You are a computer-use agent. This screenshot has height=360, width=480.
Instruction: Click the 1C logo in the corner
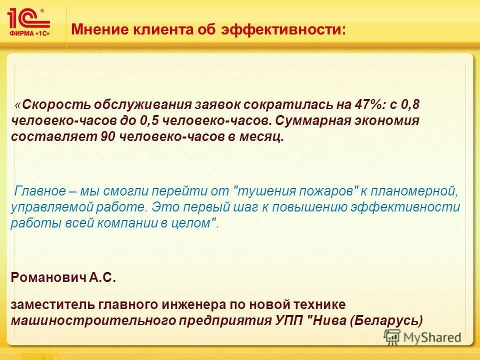click(x=29, y=22)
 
